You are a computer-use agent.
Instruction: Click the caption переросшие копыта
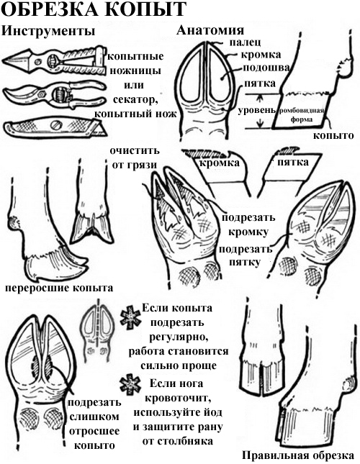pyautogui.click(x=58, y=287)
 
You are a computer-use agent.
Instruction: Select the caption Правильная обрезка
pyautogui.click(x=297, y=455)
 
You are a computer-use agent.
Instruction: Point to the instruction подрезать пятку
pyautogui.click(x=246, y=255)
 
